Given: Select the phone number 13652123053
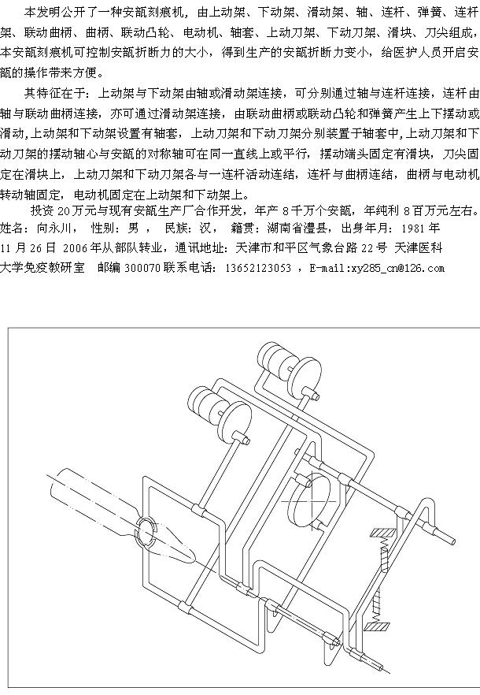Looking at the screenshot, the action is pyautogui.click(x=258, y=268).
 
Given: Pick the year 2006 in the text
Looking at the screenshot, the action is pyautogui.click(x=76, y=248).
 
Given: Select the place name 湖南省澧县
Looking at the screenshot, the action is pyautogui.click(x=297, y=229).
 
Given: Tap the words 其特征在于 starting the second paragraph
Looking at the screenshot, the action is pyautogui.click(x=54, y=93).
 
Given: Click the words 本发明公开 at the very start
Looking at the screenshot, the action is pyautogui.click(x=54, y=13).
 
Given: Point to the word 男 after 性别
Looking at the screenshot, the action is pyautogui.click(x=133, y=229).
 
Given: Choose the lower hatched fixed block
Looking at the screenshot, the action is pyautogui.click(x=377, y=626).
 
